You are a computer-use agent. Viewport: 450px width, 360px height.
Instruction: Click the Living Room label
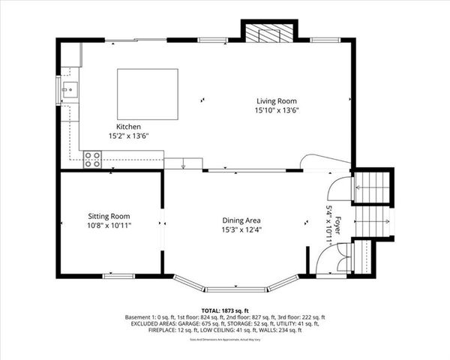[277, 100]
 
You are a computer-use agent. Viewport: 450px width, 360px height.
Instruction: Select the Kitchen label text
[128, 127]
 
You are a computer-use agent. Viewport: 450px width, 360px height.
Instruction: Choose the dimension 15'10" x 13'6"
[277, 110]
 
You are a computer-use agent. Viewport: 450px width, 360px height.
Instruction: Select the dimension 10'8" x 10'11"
[109, 223]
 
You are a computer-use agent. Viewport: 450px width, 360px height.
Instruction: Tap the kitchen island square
[148, 94]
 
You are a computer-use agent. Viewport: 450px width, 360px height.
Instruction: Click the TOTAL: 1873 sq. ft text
[225, 310]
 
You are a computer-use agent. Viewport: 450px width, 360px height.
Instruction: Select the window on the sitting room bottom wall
[118, 277]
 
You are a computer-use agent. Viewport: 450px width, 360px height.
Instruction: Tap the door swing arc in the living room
[318, 159]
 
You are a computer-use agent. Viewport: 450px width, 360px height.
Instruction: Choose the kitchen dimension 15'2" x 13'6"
[128, 136]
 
